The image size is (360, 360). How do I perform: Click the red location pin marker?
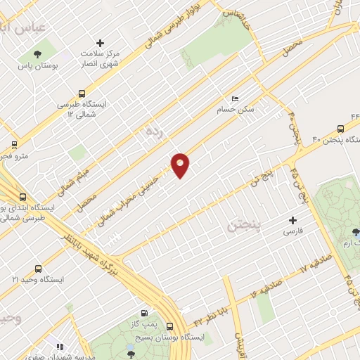[181, 165]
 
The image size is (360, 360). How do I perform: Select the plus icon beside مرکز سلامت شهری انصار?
[100, 43]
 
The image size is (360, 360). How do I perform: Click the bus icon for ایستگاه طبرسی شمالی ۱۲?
[82, 93]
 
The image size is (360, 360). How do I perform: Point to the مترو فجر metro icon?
[15, 146]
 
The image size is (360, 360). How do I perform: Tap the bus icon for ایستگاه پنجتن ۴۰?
[340, 129]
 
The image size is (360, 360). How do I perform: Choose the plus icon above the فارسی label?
[292, 220]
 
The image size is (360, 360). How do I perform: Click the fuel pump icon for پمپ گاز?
[144, 314]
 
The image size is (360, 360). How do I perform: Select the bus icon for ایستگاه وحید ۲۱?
[37, 268]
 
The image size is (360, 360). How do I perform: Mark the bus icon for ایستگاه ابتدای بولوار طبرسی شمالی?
[22, 198]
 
